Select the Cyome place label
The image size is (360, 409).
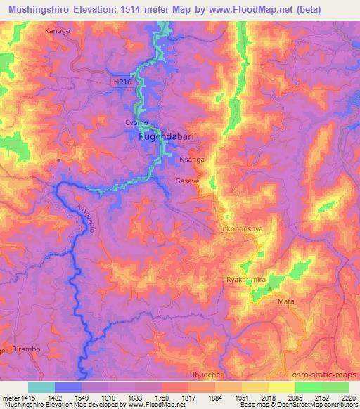(x=136, y=122)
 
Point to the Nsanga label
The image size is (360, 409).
(x=192, y=160)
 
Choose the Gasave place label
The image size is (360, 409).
(x=187, y=181)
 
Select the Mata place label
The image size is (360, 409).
(x=285, y=301)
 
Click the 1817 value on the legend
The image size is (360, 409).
(x=189, y=397)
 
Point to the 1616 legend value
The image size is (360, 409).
(x=109, y=397)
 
